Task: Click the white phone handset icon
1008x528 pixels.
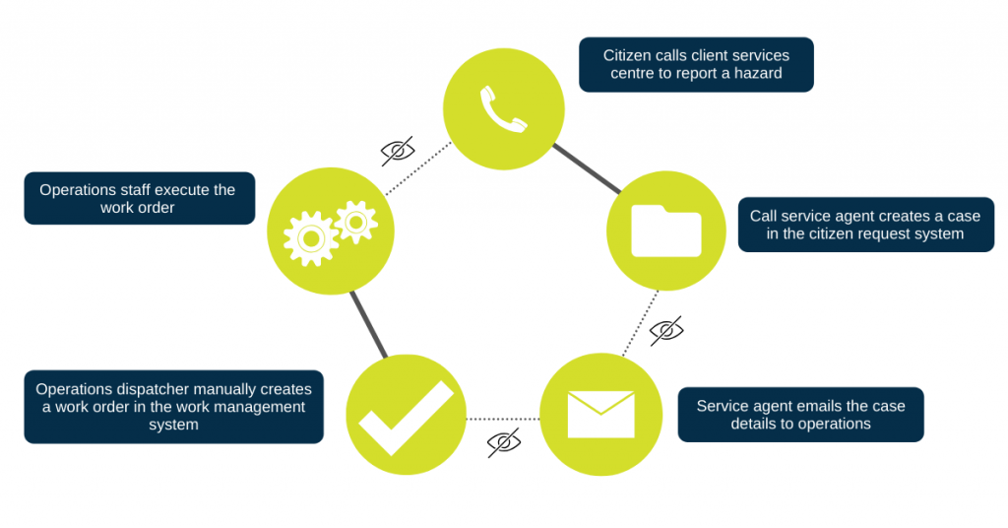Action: pos(503,108)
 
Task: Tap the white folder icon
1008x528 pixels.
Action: pos(666,231)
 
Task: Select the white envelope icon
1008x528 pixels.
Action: pos(600,415)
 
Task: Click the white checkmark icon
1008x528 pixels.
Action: pos(406,417)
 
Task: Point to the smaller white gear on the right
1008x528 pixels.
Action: pos(355,222)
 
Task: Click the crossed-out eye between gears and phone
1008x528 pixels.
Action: pos(398,151)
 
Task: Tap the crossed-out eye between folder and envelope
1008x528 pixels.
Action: pos(666,330)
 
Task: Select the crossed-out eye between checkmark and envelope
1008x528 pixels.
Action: pos(504,443)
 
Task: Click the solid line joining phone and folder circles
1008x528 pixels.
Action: pos(587,167)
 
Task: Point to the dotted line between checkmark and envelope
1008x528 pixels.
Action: pos(502,419)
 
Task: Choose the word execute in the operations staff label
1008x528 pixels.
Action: pos(184,189)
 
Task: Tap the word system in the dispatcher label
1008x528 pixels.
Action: pos(173,425)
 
